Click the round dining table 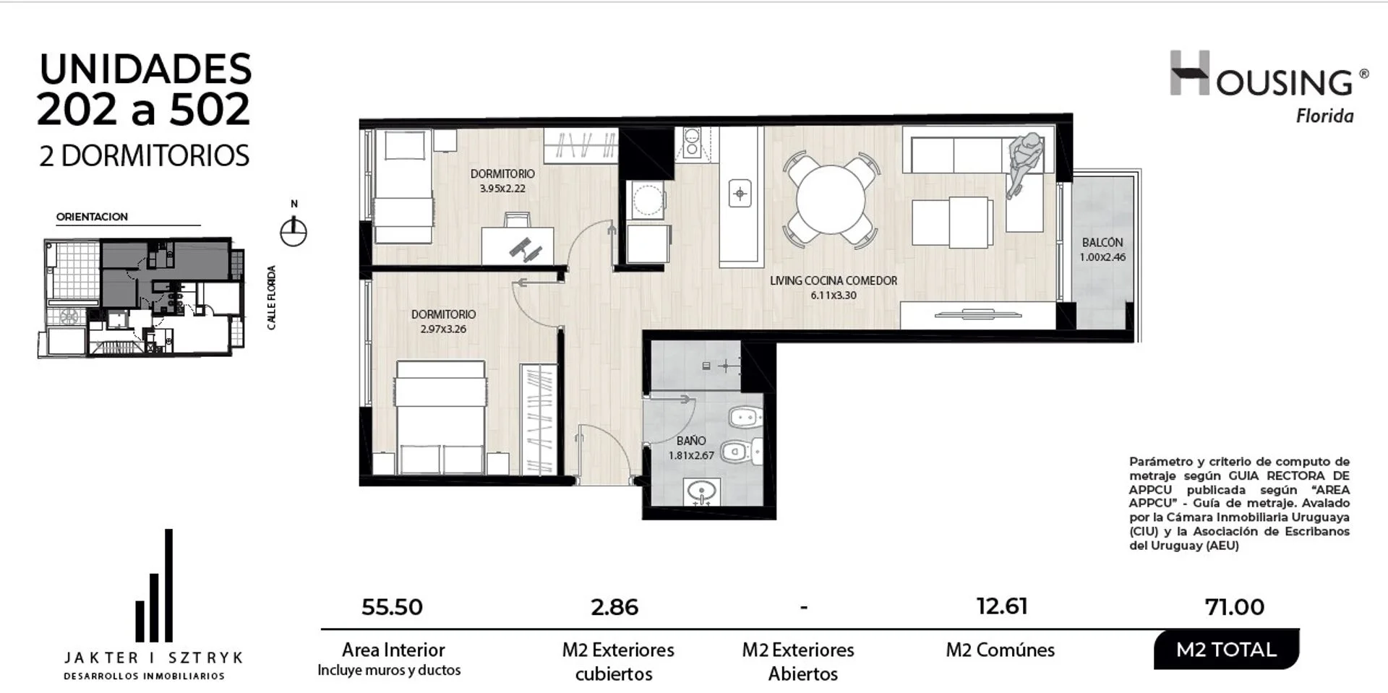pos(831,200)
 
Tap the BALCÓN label pos(1102,242)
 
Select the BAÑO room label pos(691,441)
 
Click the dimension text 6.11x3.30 pos(834,295)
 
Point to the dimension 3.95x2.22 pos(502,188)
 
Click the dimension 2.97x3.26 pos(443,329)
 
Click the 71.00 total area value pos(1235,607)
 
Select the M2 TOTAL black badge pos(1226,650)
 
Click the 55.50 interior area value pos(392,607)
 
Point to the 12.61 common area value pos(1002,606)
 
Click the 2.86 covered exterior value pos(614,607)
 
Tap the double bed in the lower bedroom pos(441,418)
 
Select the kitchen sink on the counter pos(740,193)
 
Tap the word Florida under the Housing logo pos(1324,116)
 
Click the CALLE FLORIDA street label pos(272,298)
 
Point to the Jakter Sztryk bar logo pos(154,585)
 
